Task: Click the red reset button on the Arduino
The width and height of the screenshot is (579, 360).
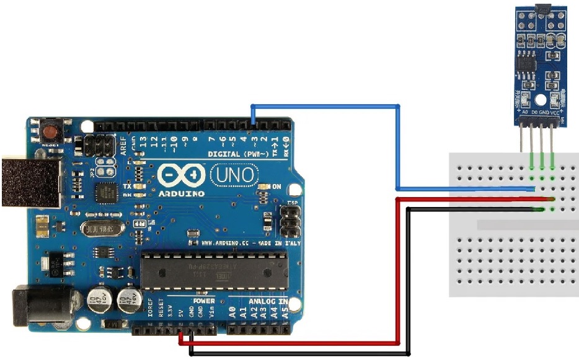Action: pyautogui.click(x=50, y=132)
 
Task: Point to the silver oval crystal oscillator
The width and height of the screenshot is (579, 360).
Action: pyautogui.click(x=97, y=230)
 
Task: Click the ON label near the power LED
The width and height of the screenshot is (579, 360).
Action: pyautogui.click(x=277, y=187)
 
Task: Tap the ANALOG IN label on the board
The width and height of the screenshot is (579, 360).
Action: pyautogui.click(x=268, y=302)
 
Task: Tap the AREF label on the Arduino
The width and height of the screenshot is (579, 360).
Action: pyautogui.click(x=123, y=144)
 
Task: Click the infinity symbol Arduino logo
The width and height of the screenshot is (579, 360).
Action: pyautogui.click(x=181, y=176)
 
